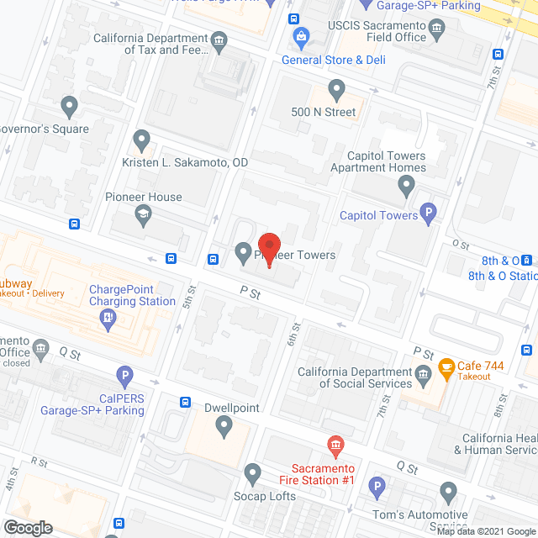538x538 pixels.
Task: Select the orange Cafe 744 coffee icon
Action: pos(443,367)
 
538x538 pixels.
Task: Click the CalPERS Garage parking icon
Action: pos(124,376)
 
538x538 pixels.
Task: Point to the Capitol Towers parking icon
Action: pos(429,214)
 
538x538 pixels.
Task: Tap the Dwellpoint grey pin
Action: pos(224,427)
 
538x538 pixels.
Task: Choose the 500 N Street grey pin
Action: pos(336,89)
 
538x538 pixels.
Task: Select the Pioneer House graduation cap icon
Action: pos(143,217)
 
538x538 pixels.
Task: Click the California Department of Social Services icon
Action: pos(423,372)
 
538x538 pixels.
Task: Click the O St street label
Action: pos(460,243)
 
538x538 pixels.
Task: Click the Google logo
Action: pos(27,527)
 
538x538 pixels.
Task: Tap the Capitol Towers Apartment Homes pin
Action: pos(407,186)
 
